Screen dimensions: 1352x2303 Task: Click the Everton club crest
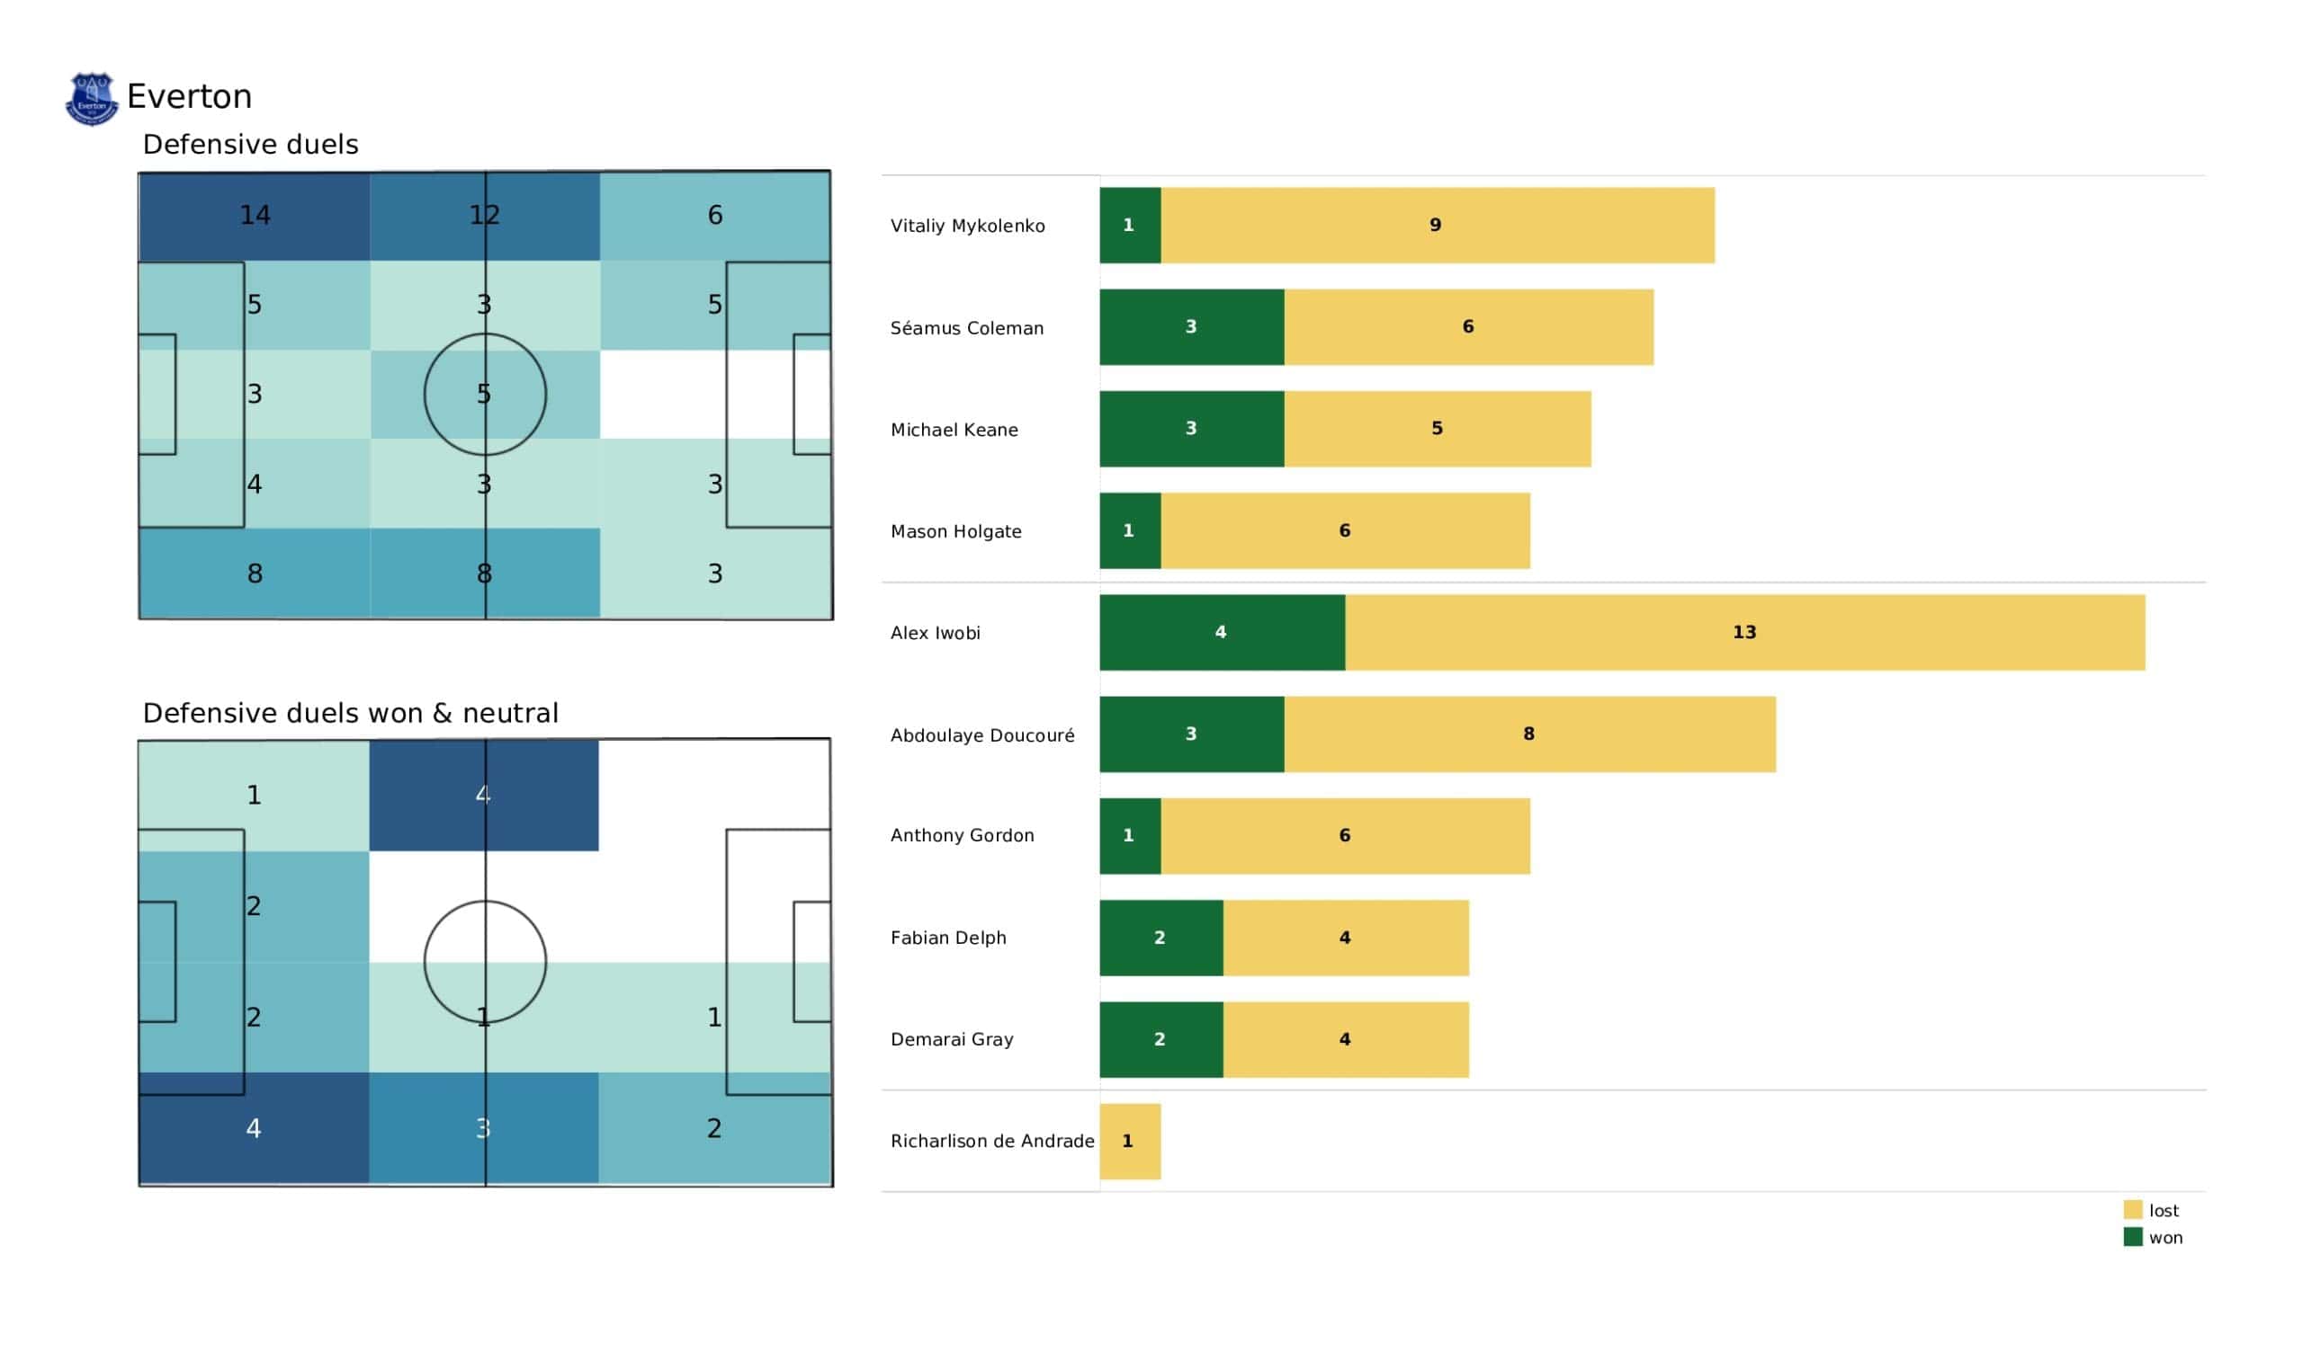[92, 99]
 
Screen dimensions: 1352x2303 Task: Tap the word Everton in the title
[189, 97]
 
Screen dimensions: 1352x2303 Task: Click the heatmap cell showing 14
[255, 216]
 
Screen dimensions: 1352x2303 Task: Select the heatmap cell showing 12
[484, 216]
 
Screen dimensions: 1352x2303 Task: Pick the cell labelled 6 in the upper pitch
[714, 216]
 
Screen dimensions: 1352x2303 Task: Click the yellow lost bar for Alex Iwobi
[1743, 632]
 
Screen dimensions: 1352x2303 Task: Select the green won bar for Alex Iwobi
[1221, 632]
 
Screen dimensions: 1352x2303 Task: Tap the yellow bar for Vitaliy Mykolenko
[1437, 226]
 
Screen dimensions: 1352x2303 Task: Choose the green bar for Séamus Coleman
[1191, 327]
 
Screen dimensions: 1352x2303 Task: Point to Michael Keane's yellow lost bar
[1437, 429]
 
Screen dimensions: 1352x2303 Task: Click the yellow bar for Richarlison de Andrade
[1130, 1141]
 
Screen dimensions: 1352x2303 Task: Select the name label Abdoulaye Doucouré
[982, 735]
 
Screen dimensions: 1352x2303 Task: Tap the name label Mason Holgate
[956, 531]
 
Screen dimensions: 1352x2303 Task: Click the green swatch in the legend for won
[2132, 1237]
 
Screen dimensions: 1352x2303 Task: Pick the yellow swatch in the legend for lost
[2132, 1209]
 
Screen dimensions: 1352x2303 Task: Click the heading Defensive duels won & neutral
[350, 713]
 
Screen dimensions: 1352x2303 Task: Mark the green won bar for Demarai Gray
[1160, 1039]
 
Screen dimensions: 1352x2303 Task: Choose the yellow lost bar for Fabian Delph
[1345, 938]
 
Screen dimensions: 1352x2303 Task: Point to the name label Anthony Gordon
[963, 835]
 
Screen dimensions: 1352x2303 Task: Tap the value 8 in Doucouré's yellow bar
[1528, 734]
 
